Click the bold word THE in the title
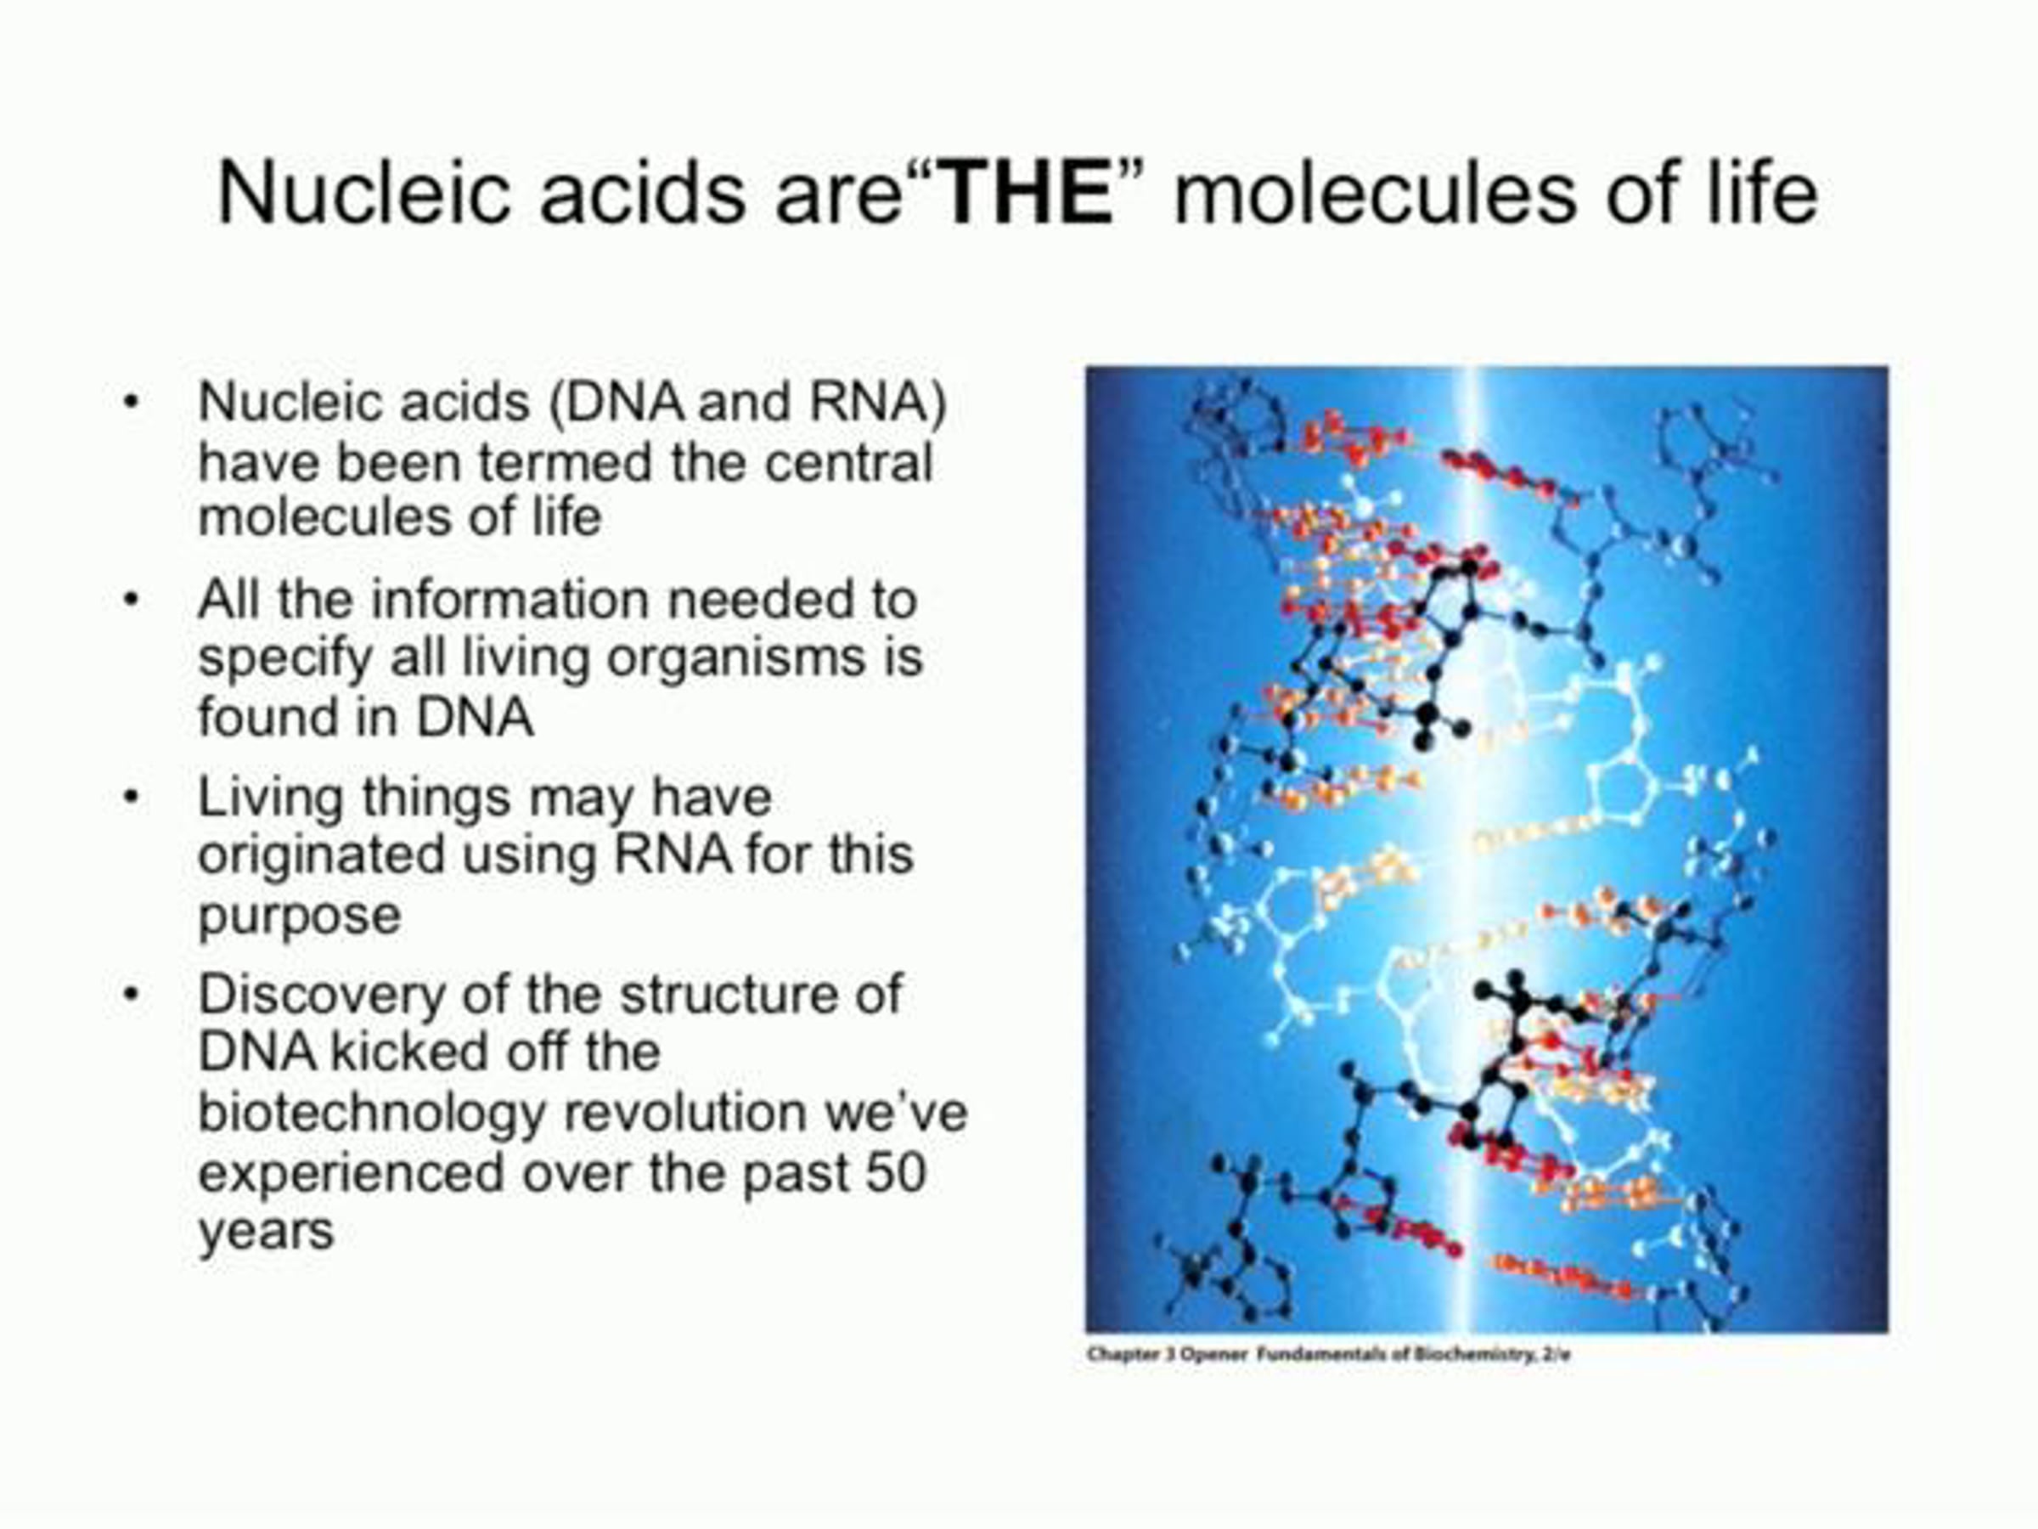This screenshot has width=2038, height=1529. (x=1028, y=194)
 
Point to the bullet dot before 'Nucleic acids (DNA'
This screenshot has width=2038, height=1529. (x=132, y=402)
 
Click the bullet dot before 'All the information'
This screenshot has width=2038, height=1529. (x=132, y=599)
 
